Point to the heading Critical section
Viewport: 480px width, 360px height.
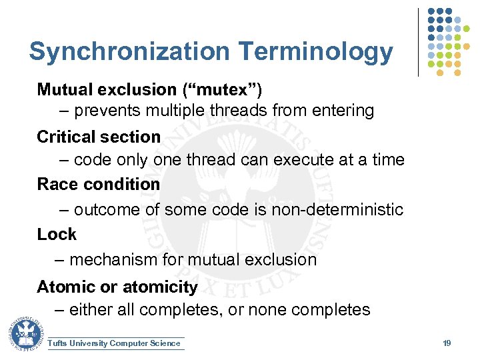(x=99, y=137)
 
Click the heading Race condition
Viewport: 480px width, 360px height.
(x=99, y=184)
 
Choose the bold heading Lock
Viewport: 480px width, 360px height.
(x=57, y=235)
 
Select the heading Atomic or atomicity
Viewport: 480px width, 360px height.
(x=117, y=287)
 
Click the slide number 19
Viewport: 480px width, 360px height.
(x=447, y=343)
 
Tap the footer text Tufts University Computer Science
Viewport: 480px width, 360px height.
(x=114, y=343)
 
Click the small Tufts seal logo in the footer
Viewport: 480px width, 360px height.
(x=26, y=334)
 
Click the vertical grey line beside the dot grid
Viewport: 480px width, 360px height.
(x=418, y=42)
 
